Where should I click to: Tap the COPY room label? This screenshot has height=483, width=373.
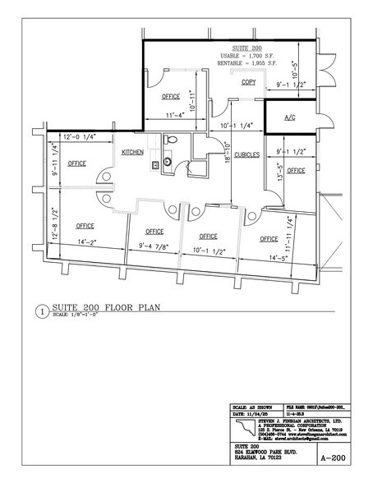pyautogui.click(x=249, y=83)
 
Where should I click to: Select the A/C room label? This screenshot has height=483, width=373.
pyautogui.click(x=290, y=117)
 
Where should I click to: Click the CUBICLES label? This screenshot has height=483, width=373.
pyautogui.click(x=247, y=154)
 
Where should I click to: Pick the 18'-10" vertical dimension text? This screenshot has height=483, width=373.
pyautogui.click(x=226, y=155)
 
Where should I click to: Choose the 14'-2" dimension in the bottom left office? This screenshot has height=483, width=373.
pyautogui.click(x=87, y=242)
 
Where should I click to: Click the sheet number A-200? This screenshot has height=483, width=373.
pyautogui.click(x=331, y=461)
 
